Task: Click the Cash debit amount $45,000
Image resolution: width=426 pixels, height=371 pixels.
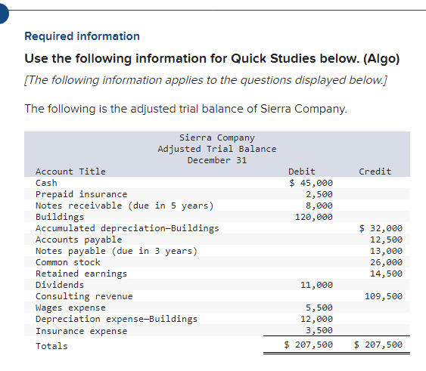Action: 311,183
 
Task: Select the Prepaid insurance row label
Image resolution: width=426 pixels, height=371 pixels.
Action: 82,194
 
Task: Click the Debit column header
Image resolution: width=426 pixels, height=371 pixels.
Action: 302,172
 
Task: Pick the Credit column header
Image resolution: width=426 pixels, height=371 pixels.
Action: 375,172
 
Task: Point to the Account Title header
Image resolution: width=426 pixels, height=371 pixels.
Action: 71,172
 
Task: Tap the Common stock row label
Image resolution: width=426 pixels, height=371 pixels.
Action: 68,262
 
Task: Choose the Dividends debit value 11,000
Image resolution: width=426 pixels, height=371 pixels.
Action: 316,285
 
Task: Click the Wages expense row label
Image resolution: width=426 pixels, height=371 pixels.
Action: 71,308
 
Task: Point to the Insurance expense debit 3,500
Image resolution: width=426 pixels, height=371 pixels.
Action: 319,330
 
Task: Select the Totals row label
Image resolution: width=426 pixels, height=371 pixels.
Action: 52,346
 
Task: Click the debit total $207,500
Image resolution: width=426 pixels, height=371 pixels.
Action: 308,345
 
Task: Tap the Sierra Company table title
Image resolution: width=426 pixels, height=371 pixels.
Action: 217,138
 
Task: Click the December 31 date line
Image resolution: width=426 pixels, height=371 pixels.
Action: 217,160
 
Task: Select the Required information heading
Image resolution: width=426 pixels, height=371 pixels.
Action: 82,36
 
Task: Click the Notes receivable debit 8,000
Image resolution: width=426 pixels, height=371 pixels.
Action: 319,206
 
